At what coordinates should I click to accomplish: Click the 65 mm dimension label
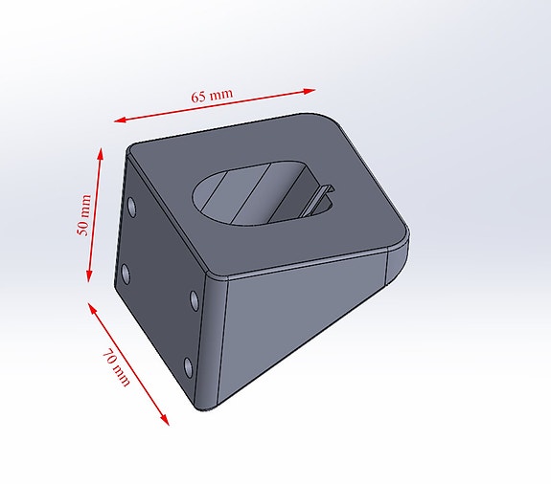click(212, 97)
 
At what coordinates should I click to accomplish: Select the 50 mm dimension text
click(84, 216)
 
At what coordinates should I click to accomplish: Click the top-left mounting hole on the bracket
click(130, 206)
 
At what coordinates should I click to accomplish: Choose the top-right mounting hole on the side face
click(195, 300)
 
